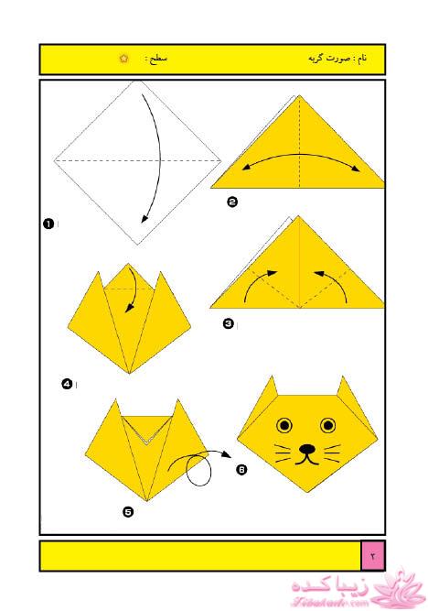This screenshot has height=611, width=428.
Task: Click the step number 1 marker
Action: tap(48, 224)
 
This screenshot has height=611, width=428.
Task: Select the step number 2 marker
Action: tap(232, 202)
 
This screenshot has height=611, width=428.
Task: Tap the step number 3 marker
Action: tap(229, 323)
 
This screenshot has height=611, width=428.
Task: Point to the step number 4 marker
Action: tap(67, 384)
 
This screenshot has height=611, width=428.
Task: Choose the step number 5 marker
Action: tap(128, 512)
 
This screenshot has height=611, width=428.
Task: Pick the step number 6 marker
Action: tap(241, 470)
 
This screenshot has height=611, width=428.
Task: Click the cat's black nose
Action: tap(307, 449)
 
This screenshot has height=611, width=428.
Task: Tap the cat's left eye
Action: tap(284, 425)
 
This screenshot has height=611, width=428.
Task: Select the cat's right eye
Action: tap(328, 425)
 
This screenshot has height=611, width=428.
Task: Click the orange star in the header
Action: tap(123, 59)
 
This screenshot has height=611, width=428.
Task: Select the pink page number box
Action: tap(373, 556)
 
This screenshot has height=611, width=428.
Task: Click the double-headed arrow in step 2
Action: tap(300, 155)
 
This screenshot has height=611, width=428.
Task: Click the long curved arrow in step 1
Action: tap(160, 156)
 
